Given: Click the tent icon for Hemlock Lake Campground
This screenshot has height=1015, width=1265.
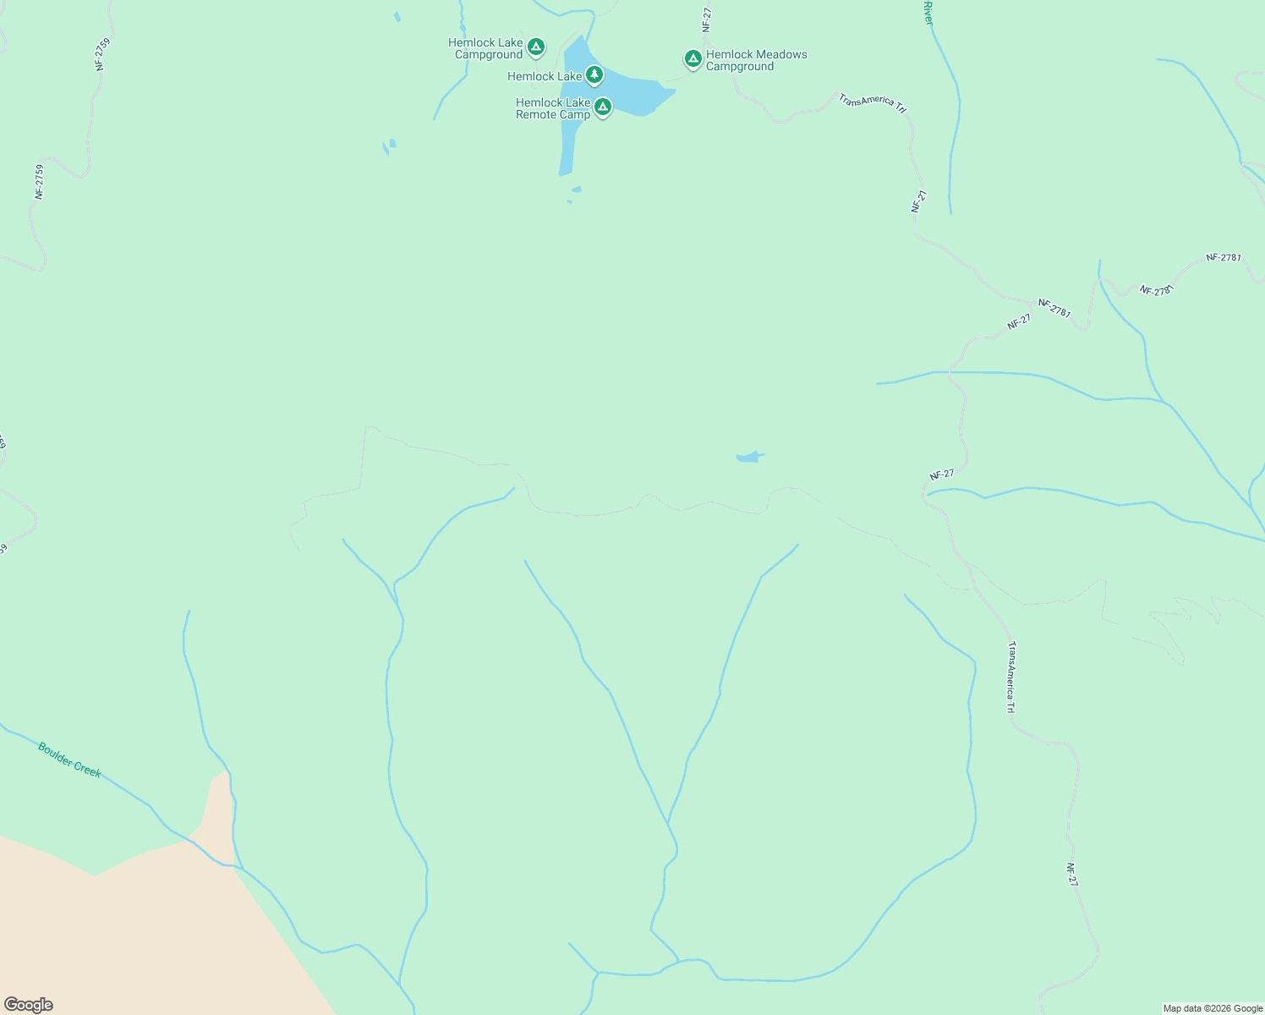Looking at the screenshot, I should coord(535,47).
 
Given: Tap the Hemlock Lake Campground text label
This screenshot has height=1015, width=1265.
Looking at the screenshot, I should coord(485,49).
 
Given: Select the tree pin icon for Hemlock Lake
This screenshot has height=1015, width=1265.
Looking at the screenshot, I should coord(594,75).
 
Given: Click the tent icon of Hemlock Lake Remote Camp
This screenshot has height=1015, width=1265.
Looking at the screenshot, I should coord(603,107).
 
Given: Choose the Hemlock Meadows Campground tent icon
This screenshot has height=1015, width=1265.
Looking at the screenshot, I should coord(693,58).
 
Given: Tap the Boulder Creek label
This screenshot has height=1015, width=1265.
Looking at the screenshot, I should coord(69,760).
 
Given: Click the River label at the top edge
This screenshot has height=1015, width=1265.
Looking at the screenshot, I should coord(928,12).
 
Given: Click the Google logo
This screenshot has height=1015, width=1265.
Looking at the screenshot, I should coord(28,1005).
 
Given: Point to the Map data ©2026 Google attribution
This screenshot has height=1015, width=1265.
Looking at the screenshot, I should coord(1213,1008).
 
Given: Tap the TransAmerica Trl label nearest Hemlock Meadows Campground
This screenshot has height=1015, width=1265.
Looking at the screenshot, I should coord(872,102).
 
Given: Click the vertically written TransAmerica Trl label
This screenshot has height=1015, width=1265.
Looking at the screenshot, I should coord(1011,677).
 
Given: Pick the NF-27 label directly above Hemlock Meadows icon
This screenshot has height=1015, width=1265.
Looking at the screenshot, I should coord(707,20).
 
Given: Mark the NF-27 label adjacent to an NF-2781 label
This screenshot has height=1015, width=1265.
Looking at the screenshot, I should coord(1019,321).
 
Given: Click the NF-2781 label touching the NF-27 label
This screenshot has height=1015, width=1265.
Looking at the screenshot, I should coord(1054,309).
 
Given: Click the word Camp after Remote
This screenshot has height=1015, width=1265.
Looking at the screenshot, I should coord(575,115).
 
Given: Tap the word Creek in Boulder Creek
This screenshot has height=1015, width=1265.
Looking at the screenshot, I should coord(85,768).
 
